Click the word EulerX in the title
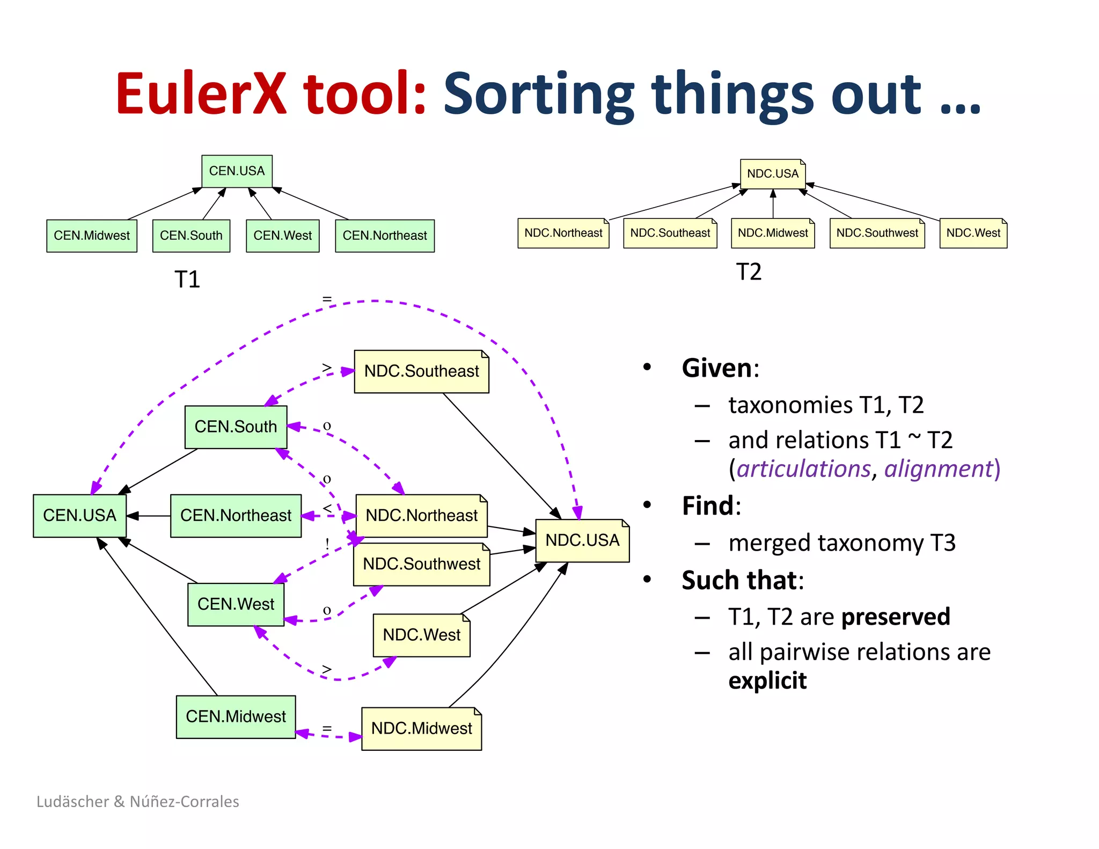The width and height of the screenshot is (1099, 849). coord(201,94)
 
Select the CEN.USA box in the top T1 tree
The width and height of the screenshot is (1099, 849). coord(237,171)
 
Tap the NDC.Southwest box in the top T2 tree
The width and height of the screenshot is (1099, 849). coord(877,233)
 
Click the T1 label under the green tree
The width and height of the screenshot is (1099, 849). coord(187,280)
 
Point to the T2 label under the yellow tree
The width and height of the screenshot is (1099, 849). coord(749,272)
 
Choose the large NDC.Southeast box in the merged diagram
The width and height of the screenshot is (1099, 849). coord(421,371)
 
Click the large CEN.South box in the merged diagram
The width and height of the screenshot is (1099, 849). coord(236,427)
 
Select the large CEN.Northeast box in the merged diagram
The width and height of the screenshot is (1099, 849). coord(236,516)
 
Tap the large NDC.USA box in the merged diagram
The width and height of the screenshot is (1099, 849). coord(582,540)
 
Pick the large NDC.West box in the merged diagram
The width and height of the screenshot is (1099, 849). coord(421,635)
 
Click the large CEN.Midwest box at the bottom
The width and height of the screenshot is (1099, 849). coord(236,716)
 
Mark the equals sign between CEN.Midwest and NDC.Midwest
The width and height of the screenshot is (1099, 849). coord(327,729)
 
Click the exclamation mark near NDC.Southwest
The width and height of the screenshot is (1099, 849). coord(327,544)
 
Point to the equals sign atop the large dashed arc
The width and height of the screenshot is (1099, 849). coord(327,298)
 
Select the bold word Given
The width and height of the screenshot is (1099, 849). coord(717,368)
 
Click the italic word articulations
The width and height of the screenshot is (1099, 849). coord(803,469)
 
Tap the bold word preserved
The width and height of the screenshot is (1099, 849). coord(896,617)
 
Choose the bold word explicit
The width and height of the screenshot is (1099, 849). coord(767,680)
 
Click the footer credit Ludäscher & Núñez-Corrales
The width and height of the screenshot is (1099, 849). coord(138,801)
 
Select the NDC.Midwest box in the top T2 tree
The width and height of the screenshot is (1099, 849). coord(772,233)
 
